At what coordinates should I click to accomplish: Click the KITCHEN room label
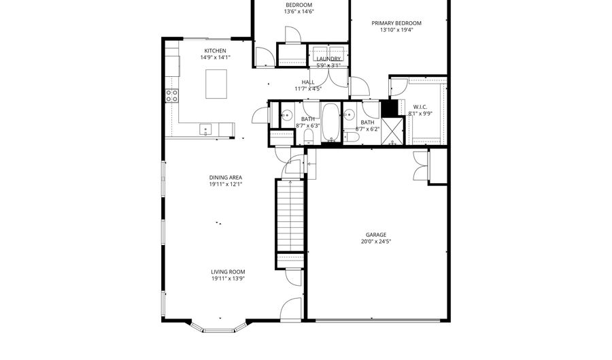pyautogui.click(x=215, y=51)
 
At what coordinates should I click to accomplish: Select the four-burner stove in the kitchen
pyautogui.click(x=172, y=95)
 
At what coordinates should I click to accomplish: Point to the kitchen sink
pyautogui.click(x=205, y=129)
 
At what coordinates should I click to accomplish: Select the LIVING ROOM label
pyautogui.click(x=227, y=272)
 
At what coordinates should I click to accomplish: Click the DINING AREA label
pyautogui.click(x=226, y=178)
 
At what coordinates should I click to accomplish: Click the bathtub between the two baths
pyautogui.click(x=330, y=122)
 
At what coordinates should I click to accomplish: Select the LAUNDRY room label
pyautogui.click(x=328, y=59)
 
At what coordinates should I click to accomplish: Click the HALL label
pyautogui.click(x=308, y=82)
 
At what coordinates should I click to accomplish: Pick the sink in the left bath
pyautogui.click(x=286, y=114)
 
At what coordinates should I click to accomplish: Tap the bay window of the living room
pyautogui.click(x=218, y=329)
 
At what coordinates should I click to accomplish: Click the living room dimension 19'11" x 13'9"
pyautogui.click(x=227, y=278)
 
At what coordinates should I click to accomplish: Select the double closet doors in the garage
pyautogui.click(x=421, y=166)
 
